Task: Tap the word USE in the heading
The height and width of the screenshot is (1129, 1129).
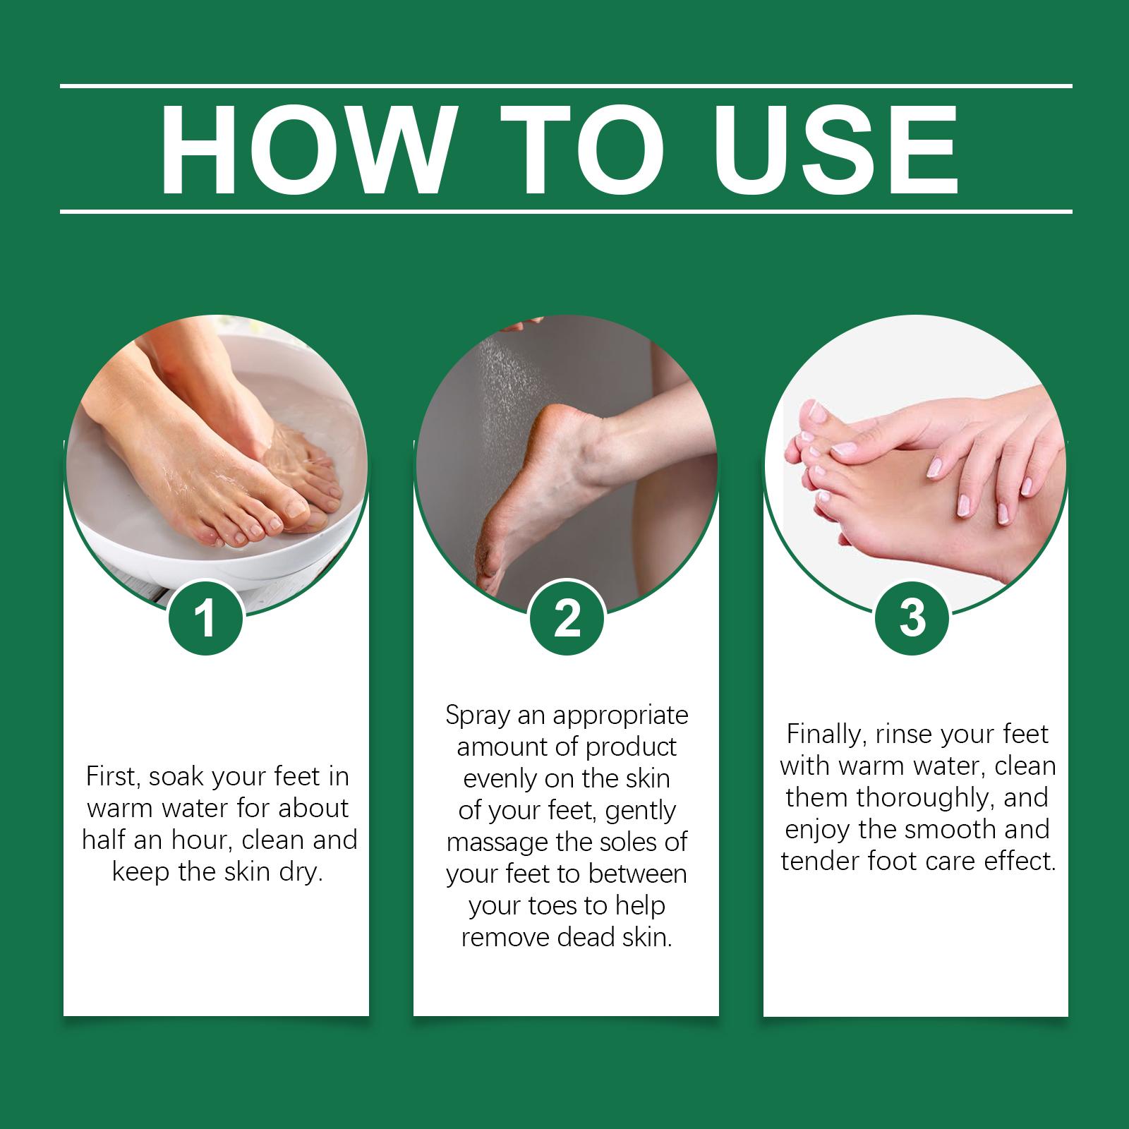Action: [831, 150]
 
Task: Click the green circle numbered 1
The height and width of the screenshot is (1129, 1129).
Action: [205, 619]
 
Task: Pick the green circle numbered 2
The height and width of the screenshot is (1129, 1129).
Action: [567, 619]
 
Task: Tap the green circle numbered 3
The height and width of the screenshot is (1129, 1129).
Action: [912, 618]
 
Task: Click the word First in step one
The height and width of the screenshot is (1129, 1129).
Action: [109, 777]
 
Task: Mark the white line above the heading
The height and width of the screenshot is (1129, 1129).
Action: [566, 86]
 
